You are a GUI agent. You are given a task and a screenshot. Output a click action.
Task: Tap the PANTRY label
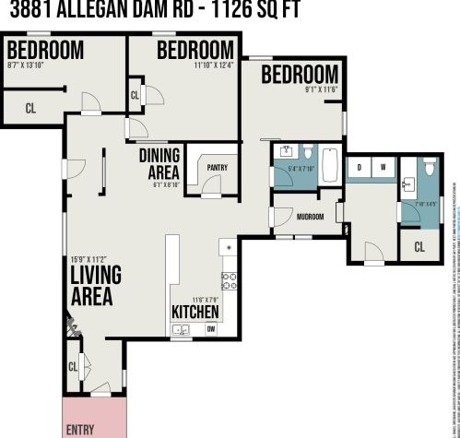click(x=217, y=167)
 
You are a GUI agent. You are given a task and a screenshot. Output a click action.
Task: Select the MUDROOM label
click(x=310, y=217)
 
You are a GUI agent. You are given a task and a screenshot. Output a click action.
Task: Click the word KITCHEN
click(x=195, y=311)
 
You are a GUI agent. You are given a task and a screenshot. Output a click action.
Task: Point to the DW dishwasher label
click(x=210, y=329)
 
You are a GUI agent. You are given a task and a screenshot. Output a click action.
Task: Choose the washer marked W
click(x=382, y=167)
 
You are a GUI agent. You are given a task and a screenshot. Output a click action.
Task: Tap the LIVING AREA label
click(x=91, y=287)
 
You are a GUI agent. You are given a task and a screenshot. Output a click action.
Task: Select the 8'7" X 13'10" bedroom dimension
click(x=31, y=65)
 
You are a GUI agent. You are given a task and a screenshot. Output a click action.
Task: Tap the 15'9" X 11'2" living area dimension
click(x=90, y=258)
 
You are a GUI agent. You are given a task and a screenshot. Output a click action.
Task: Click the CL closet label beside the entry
click(x=74, y=367)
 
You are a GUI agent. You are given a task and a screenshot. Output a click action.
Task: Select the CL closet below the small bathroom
click(x=419, y=246)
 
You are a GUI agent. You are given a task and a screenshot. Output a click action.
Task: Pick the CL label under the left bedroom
click(x=30, y=108)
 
